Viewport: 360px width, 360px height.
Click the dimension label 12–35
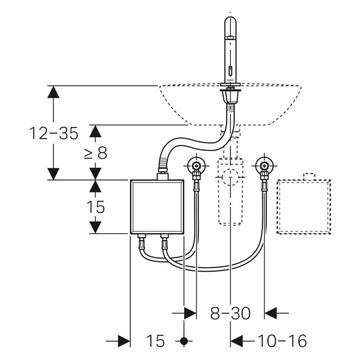pyautogui.click(x=53, y=133)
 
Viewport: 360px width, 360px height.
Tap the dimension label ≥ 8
pyautogui.click(x=96, y=153)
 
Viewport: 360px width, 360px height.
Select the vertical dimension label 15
pyautogui.click(x=96, y=207)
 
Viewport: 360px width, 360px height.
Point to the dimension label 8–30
pyautogui.click(x=230, y=313)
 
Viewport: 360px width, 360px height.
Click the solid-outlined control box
pyautogui.click(x=157, y=206)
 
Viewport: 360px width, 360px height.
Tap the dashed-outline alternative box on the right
pyautogui.click(x=304, y=207)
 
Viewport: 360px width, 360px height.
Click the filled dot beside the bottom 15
pyautogui.click(x=184, y=340)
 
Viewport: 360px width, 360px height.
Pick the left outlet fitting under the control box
pyautogui.click(x=141, y=239)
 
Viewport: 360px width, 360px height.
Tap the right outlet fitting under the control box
pyautogui.click(x=165, y=239)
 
